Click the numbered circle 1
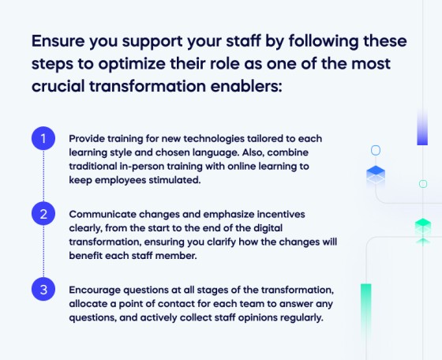[43, 139]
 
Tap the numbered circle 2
[43, 213]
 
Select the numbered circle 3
[43, 289]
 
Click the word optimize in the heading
[146, 63]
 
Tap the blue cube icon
[376, 174]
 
